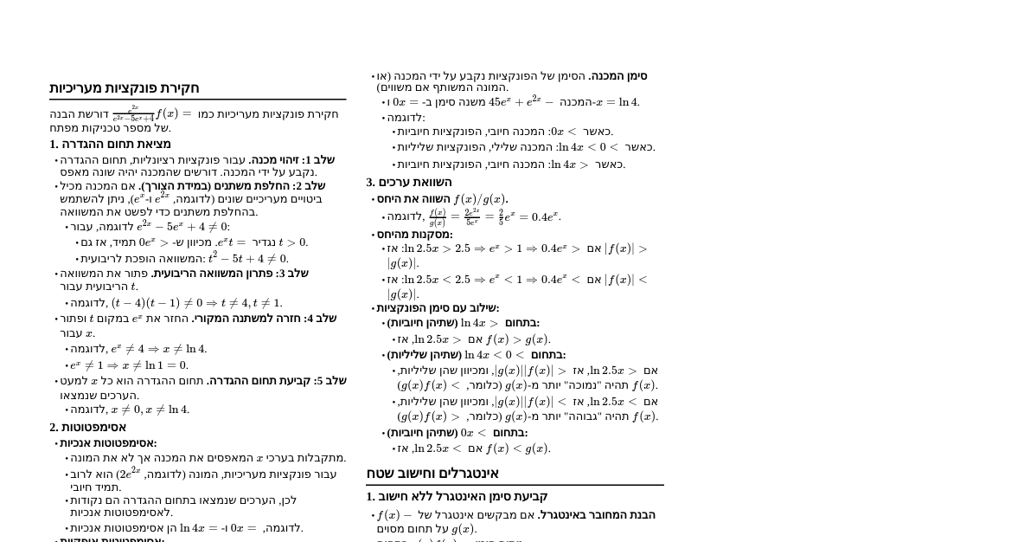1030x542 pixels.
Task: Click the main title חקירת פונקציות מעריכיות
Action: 125,88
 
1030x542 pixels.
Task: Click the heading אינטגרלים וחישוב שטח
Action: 432,474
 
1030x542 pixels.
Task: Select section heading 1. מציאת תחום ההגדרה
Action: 110,144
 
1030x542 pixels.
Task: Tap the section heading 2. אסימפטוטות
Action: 87,427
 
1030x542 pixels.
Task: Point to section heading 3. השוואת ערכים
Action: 408,182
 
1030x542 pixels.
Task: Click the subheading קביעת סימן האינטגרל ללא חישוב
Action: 457,496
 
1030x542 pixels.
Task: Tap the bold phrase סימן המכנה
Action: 617,76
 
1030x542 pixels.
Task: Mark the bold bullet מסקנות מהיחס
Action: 415,235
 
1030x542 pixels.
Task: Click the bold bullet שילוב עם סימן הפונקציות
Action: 438,307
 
